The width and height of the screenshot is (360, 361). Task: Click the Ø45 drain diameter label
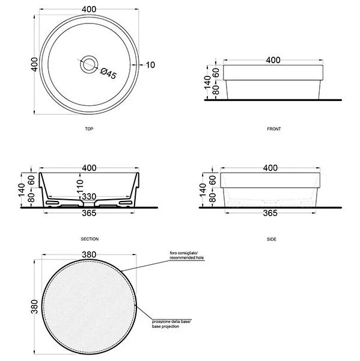(109, 73)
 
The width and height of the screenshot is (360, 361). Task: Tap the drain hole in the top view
(89, 64)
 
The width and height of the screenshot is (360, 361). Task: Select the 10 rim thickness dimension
(150, 65)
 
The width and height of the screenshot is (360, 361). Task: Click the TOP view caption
(89, 129)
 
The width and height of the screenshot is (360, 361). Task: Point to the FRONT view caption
(273, 129)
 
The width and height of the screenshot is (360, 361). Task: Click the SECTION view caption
(90, 239)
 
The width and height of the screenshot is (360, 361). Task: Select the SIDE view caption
(272, 239)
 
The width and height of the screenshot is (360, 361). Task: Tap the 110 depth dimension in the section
(79, 187)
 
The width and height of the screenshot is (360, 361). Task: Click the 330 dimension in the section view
(89, 197)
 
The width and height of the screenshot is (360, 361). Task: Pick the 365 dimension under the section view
(89, 213)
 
